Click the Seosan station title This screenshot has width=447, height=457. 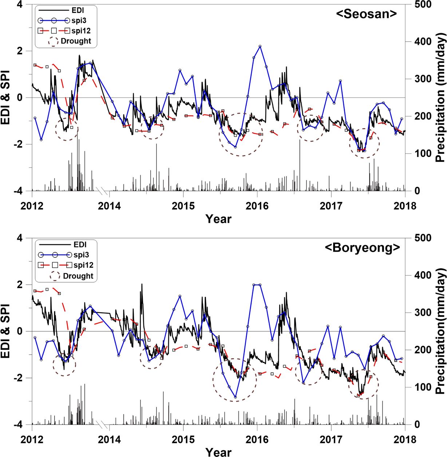(x=366, y=14)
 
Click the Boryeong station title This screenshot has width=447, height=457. (x=362, y=248)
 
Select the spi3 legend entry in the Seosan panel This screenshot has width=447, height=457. (x=79, y=21)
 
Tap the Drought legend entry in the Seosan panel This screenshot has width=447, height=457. (x=76, y=41)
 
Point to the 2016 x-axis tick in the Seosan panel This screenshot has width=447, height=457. (x=257, y=206)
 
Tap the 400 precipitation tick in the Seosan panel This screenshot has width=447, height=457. (x=423, y=42)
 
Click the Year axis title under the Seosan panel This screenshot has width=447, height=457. (x=218, y=219)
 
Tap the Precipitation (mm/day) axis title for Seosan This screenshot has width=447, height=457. (x=440, y=98)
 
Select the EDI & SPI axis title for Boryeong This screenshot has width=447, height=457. (x=6, y=331)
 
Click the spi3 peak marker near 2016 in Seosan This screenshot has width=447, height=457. (x=260, y=46)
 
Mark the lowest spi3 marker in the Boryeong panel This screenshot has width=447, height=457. (x=236, y=397)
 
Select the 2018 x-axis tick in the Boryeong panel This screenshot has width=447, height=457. (x=405, y=440)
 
